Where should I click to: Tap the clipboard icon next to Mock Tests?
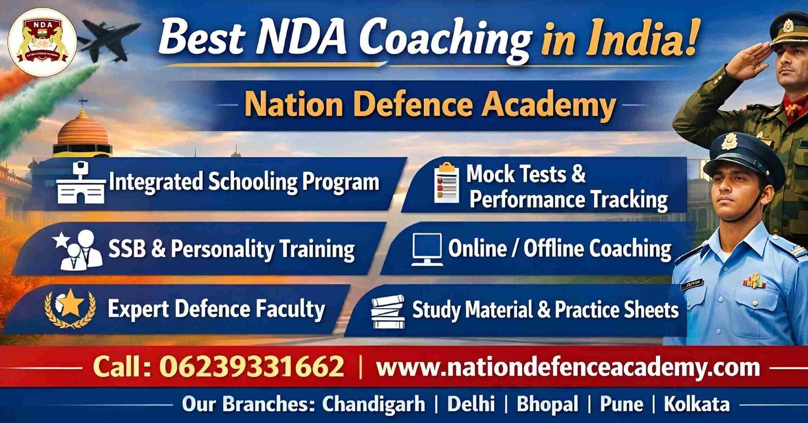tap(446, 183)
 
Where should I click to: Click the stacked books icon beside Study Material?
tap(388, 311)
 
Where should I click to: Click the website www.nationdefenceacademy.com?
tap(568, 366)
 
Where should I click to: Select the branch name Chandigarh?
tap(374, 404)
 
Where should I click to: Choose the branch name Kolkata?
tap(696, 404)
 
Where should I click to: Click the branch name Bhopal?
tap(547, 404)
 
